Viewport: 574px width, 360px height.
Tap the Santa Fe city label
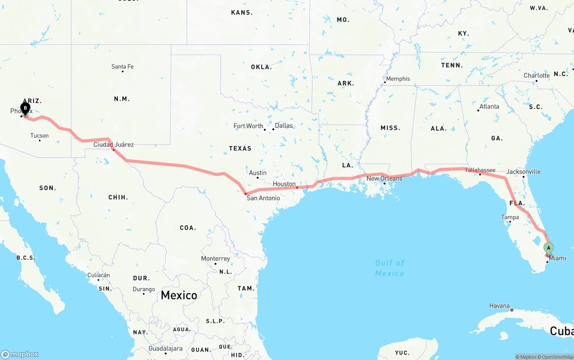tap(122, 67)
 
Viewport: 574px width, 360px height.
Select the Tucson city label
tap(39, 135)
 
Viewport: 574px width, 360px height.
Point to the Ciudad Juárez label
tap(113, 144)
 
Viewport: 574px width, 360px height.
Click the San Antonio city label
tap(263, 198)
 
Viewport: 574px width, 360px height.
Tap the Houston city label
tap(284, 184)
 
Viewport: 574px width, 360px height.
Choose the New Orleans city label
tap(384, 178)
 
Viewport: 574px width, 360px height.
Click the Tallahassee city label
tap(480, 170)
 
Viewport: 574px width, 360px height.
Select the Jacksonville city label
tap(523, 172)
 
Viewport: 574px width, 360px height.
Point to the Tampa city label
tap(510, 217)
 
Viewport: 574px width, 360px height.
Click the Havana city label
tap(499, 306)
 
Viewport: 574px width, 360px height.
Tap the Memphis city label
tap(398, 79)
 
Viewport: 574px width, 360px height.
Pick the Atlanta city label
tap(489, 107)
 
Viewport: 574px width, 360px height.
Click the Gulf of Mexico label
tap(390, 268)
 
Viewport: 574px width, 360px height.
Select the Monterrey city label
tap(215, 259)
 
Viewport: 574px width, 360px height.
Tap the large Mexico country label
tap(179, 295)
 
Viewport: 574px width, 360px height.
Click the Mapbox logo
tap(19, 354)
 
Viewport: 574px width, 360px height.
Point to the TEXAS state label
tap(240, 148)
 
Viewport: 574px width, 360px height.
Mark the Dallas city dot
tap(273, 129)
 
